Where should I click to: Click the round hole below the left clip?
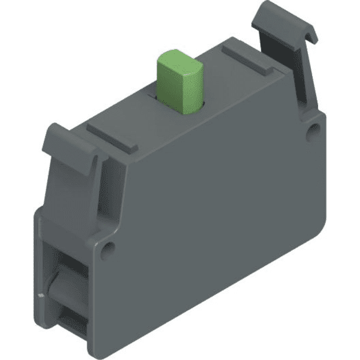coord(108,247)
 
